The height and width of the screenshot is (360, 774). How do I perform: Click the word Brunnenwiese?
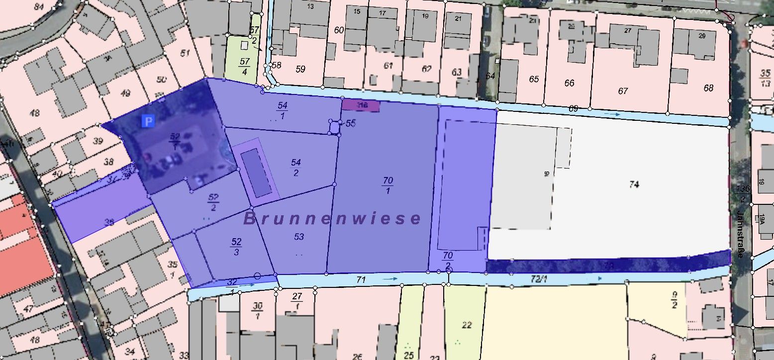pyautogui.click(x=332, y=219)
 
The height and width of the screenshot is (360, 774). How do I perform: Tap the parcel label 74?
pyautogui.click(x=634, y=184)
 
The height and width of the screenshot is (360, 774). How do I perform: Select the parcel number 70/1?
pyautogui.click(x=387, y=184)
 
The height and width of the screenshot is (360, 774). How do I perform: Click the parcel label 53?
pyautogui.click(x=299, y=237)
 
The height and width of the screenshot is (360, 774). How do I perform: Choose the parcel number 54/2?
pyautogui.click(x=296, y=168)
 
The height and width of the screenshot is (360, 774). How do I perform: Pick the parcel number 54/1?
pyautogui.click(x=282, y=110)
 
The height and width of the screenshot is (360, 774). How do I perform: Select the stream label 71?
pyautogui.click(x=361, y=280)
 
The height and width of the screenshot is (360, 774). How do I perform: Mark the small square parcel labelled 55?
pyautogui.click(x=334, y=127)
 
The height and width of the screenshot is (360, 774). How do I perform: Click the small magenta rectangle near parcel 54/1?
pyautogui.click(x=361, y=105)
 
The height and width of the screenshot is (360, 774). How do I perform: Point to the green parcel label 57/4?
pyautogui.click(x=244, y=66)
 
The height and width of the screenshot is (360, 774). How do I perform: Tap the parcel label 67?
pyautogui.click(x=623, y=91)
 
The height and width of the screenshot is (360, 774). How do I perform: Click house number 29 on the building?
pyautogui.click(x=702, y=36)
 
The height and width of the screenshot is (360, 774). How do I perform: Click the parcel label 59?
pyautogui.click(x=300, y=69)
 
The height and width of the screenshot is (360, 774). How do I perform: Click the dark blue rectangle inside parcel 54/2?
pyautogui.click(x=257, y=173)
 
